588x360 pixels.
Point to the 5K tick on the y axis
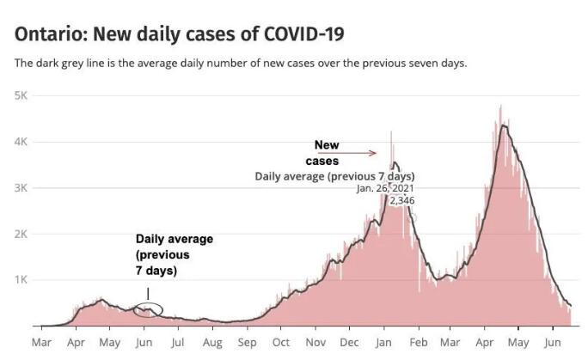(21, 95)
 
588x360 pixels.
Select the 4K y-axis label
(21, 142)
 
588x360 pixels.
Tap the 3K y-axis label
(21, 187)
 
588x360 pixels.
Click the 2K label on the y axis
(21, 234)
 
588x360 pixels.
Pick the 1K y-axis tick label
(21, 280)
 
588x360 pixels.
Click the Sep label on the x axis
(247, 343)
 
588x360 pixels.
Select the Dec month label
(350, 343)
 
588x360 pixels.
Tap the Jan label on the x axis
(383, 343)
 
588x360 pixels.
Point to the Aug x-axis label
(211, 343)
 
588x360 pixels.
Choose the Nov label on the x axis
(315, 343)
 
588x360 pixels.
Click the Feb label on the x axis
(419, 343)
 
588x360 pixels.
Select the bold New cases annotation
(325, 153)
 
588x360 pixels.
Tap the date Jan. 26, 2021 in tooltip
(385, 188)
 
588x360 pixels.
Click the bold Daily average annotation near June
(174, 254)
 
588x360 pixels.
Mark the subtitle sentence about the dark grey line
(241, 64)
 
